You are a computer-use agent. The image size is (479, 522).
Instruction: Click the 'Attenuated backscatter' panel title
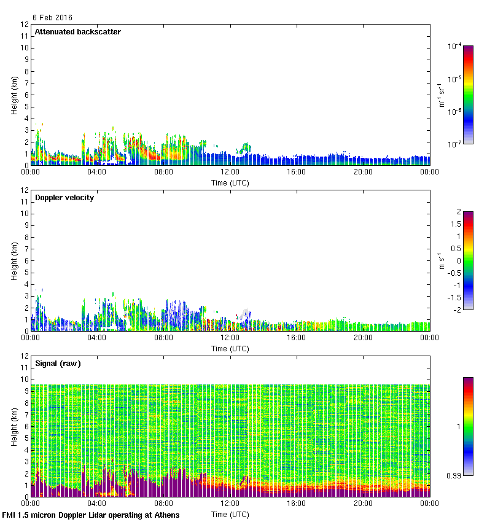pyautogui.click(x=77, y=32)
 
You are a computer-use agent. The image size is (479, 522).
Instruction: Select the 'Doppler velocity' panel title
pyautogui.click(x=64, y=198)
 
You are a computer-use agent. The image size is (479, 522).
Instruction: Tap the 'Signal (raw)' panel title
pyautogui.click(x=58, y=364)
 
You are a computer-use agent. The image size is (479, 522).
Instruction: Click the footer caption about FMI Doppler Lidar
pyautogui.click(x=91, y=515)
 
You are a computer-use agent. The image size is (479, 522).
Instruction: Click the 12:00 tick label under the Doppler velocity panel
pyautogui.click(x=230, y=337)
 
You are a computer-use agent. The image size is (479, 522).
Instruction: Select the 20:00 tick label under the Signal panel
pyautogui.click(x=363, y=503)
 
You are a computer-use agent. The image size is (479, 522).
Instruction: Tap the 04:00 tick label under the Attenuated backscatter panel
pyautogui.click(x=97, y=171)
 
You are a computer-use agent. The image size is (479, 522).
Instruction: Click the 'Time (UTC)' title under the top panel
pyautogui.click(x=230, y=182)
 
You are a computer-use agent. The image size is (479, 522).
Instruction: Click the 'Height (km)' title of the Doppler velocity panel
pyautogui.click(x=14, y=260)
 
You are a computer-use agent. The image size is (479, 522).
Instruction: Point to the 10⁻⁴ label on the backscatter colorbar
pyautogui.click(x=455, y=47)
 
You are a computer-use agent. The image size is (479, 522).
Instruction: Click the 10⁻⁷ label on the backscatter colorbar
pyautogui.click(x=455, y=144)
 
